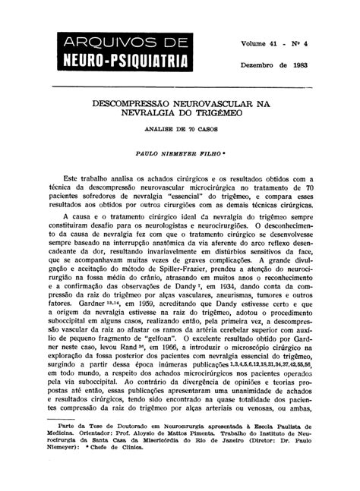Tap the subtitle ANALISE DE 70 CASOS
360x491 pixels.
tap(181, 131)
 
